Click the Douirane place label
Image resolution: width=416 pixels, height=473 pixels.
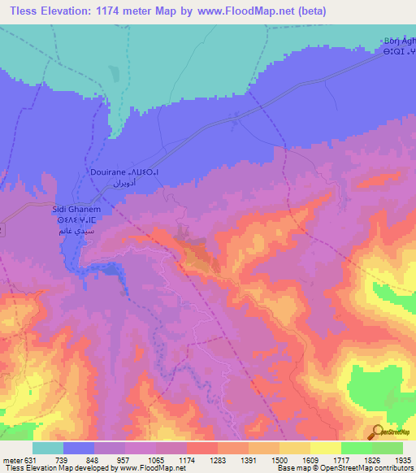point(107,173)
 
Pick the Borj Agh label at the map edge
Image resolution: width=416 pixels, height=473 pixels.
point(399,42)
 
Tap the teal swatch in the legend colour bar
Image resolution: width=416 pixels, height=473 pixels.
point(48,447)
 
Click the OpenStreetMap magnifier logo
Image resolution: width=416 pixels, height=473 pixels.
point(378,432)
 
